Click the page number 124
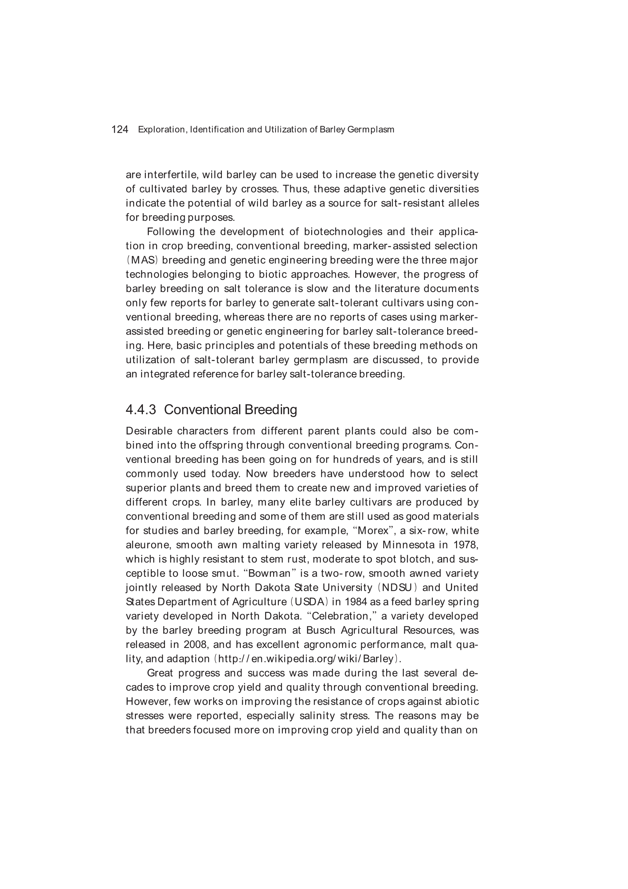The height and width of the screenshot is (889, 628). coord(120,130)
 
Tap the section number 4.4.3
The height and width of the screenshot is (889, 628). coord(141,410)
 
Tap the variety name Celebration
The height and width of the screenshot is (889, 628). coord(339,616)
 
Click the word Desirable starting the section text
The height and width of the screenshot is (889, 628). coord(149,431)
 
